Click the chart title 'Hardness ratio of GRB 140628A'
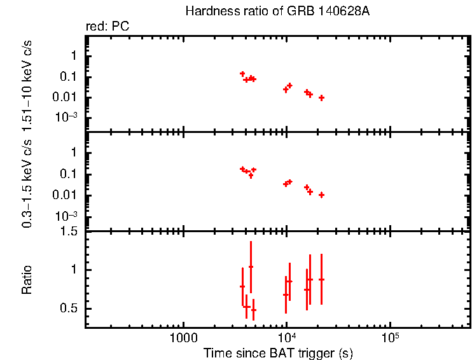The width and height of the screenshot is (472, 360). [276, 11]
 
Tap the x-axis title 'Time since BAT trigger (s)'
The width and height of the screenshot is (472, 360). [278, 352]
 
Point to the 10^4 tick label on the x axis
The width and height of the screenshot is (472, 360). [286, 337]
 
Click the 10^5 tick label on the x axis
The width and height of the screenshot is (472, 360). [389, 337]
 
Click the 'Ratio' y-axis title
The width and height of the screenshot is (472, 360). [27, 280]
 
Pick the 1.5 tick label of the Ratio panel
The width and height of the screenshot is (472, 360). [71, 232]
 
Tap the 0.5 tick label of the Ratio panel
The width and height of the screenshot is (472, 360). [71, 309]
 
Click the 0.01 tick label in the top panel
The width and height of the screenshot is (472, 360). [67, 97]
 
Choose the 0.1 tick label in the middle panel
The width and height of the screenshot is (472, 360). [70, 174]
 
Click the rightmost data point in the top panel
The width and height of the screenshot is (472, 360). [322, 98]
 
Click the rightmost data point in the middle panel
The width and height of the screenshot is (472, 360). [322, 195]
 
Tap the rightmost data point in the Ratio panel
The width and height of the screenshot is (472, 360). [322, 279]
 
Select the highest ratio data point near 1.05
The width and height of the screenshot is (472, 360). [251, 267]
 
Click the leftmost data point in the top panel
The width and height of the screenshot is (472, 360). [242, 74]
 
